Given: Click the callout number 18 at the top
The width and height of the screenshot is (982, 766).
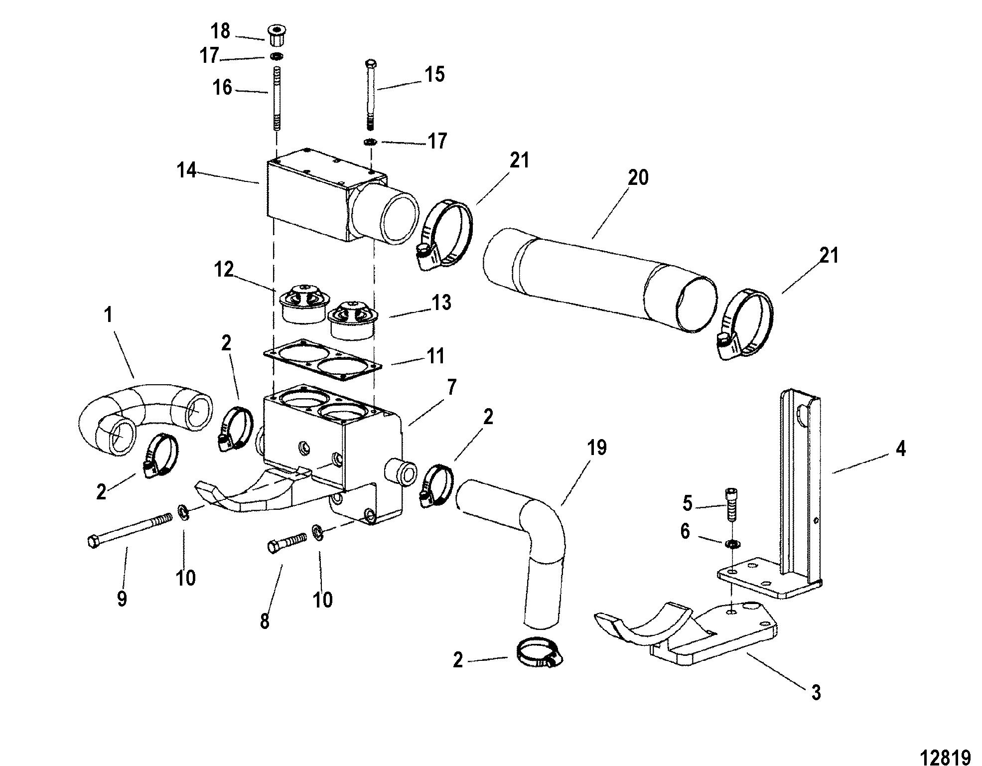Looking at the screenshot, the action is pyautogui.click(x=220, y=31).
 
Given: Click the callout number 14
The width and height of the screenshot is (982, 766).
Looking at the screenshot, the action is pyautogui.click(x=187, y=171).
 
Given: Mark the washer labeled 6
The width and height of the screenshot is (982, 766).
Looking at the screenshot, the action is pyautogui.click(x=732, y=544).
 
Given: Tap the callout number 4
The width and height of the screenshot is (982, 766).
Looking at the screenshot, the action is pyautogui.click(x=900, y=450).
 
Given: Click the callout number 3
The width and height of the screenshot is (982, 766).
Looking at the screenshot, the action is pyautogui.click(x=816, y=692).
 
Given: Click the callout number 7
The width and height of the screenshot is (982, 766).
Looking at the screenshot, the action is pyautogui.click(x=451, y=387).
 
